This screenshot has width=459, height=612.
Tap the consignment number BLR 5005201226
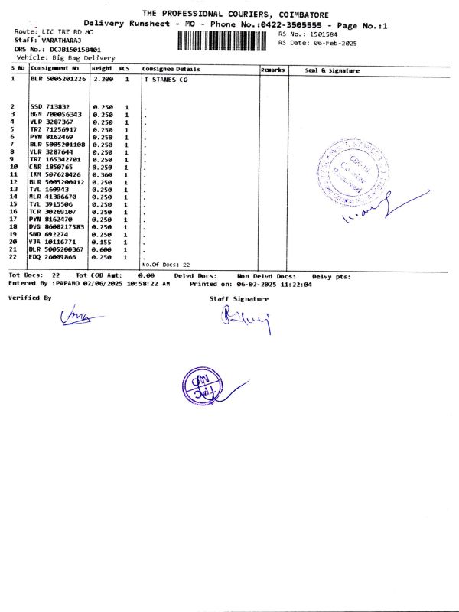57,79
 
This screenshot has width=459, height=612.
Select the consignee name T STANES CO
166,79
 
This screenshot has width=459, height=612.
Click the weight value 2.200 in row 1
103,79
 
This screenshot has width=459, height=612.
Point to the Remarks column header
273,70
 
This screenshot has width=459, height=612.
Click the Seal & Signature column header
332,70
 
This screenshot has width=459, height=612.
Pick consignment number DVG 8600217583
57,227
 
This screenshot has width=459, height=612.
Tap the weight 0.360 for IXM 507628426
103,174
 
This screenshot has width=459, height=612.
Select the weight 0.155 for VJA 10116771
103,242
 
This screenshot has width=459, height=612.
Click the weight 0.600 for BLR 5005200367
103,249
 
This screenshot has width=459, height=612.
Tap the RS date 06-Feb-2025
330,43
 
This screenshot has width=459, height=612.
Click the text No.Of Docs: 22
166,264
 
